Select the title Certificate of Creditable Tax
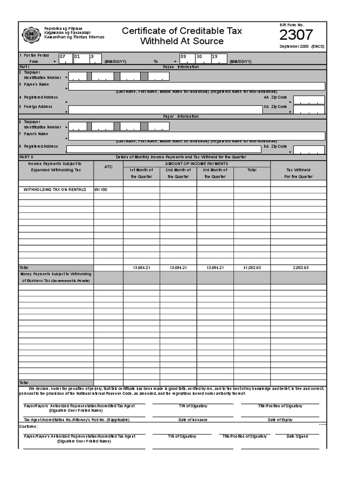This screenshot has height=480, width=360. (182, 31)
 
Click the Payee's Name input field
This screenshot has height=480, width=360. (196, 86)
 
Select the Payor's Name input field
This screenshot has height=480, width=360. (196, 136)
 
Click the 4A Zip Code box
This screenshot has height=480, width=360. (308, 100)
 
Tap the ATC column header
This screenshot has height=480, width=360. (108, 166)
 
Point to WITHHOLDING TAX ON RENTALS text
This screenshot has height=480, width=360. (55, 190)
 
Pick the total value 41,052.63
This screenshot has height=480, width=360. (252, 267)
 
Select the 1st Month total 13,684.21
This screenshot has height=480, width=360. (141, 267)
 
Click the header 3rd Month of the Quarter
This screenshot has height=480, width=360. (215, 173)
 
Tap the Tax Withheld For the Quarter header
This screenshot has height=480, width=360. (298, 173)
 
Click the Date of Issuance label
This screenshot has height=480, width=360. (193, 420)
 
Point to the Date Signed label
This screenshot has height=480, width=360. (298, 436)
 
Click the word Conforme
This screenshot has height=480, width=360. (29, 426)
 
